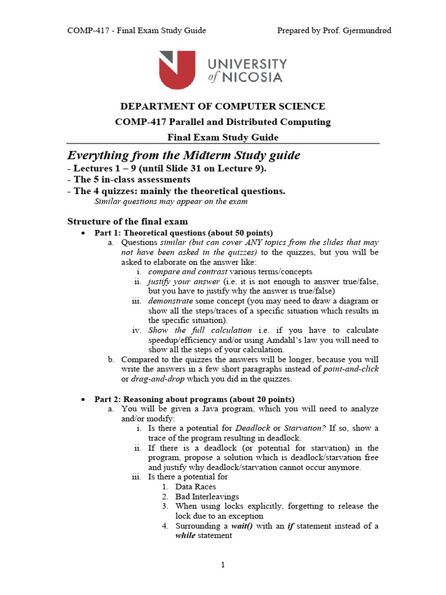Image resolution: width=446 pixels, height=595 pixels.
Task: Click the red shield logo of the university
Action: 177,70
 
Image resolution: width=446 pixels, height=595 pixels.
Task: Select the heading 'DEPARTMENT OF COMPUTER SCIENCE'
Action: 222,106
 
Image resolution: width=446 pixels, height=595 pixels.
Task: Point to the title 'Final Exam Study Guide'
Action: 222,138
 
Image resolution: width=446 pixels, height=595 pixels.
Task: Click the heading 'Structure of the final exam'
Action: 128,221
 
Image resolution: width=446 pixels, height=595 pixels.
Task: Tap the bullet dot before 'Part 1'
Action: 83,233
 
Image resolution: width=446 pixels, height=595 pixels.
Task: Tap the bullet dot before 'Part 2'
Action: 83,399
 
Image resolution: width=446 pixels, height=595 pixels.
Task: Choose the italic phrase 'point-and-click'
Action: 351,370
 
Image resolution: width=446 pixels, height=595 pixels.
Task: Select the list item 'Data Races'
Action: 196,487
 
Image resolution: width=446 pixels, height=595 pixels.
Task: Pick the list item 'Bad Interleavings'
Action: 207,497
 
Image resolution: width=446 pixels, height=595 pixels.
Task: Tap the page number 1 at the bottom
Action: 222,565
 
